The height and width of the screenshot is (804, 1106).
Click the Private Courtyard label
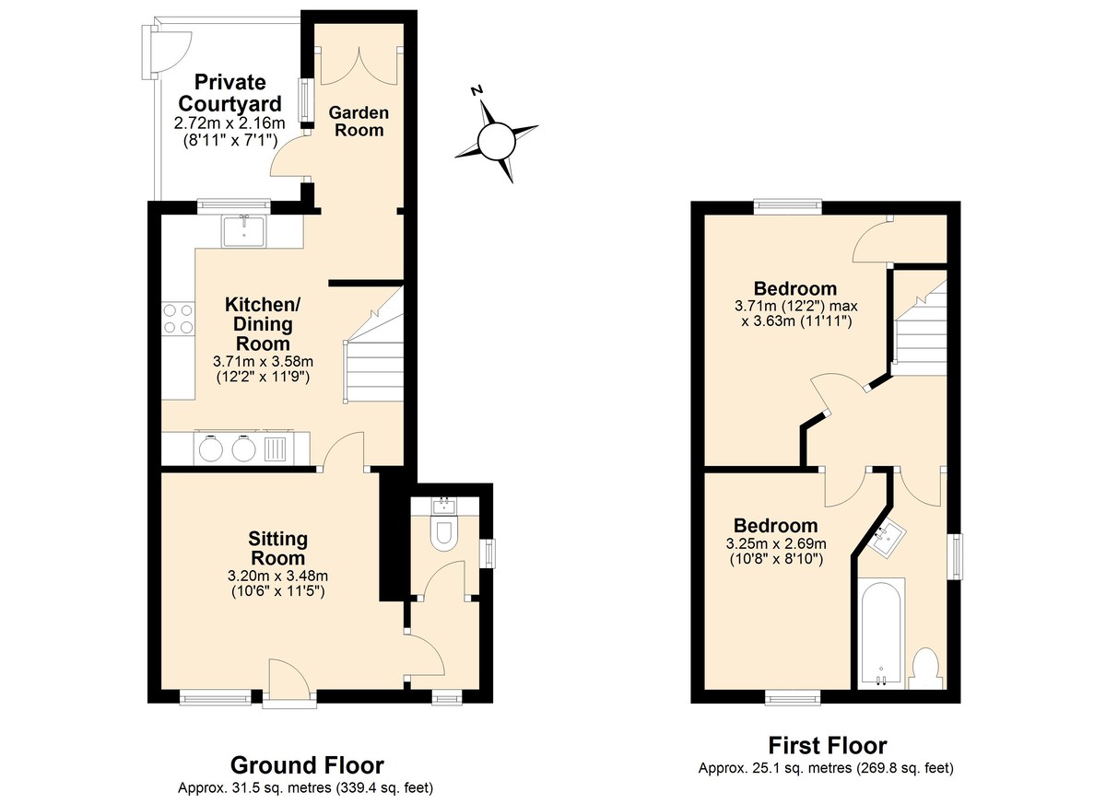(230, 93)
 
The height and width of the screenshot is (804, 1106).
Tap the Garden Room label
(359, 122)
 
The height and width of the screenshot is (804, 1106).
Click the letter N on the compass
(477, 90)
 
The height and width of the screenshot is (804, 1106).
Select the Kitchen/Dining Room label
(263, 323)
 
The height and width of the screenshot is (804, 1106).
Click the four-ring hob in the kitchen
(178, 319)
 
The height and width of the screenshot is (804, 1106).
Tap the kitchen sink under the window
(244, 231)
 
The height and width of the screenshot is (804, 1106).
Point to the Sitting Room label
(278, 548)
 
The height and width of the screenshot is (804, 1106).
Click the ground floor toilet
(444, 533)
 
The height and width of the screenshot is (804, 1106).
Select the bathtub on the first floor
(881, 633)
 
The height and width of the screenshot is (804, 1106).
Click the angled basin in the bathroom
(888, 541)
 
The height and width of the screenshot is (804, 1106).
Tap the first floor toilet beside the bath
(925, 670)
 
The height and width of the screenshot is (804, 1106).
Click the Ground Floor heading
(307, 765)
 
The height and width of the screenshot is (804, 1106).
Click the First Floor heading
(828, 745)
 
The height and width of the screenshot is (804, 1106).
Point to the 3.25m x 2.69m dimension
(776, 543)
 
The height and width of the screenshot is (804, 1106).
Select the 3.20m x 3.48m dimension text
(278, 576)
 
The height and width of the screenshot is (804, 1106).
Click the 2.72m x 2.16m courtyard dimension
(229, 122)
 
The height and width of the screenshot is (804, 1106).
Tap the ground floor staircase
(374, 345)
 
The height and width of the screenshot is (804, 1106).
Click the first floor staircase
(920, 324)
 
